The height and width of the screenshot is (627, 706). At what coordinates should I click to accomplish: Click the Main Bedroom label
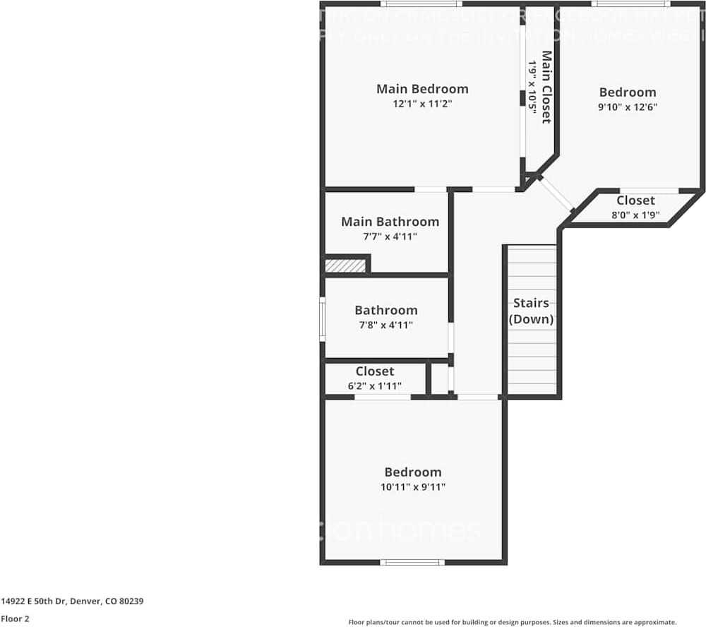[422, 89]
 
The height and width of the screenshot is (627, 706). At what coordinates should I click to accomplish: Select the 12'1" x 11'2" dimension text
[422, 104]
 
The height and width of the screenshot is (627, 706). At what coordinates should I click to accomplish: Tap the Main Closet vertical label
[546, 86]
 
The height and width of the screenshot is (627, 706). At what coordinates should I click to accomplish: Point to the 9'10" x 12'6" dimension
[628, 107]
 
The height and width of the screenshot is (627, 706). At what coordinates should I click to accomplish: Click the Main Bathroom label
[390, 222]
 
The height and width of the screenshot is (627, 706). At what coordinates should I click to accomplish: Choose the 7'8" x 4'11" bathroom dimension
[385, 326]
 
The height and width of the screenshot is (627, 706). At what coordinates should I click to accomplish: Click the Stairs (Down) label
[531, 311]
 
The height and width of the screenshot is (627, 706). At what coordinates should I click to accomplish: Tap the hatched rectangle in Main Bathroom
[345, 265]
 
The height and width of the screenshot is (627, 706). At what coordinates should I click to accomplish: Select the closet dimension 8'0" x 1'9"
[635, 215]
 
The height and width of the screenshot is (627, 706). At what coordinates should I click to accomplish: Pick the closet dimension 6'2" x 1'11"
[375, 386]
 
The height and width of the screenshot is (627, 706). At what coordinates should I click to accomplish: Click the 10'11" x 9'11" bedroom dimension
[413, 487]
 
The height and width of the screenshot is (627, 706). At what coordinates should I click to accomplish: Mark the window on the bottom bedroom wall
[412, 562]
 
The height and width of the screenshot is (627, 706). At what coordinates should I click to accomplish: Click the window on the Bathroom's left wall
[323, 319]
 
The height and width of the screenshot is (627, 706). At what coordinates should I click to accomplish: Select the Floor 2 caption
[15, 619]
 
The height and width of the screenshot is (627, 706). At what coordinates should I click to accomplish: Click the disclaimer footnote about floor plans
[513, 622]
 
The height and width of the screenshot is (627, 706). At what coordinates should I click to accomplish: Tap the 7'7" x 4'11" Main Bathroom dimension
[390, 237]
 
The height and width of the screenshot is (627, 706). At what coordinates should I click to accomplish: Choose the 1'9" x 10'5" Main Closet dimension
[533, 88]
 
